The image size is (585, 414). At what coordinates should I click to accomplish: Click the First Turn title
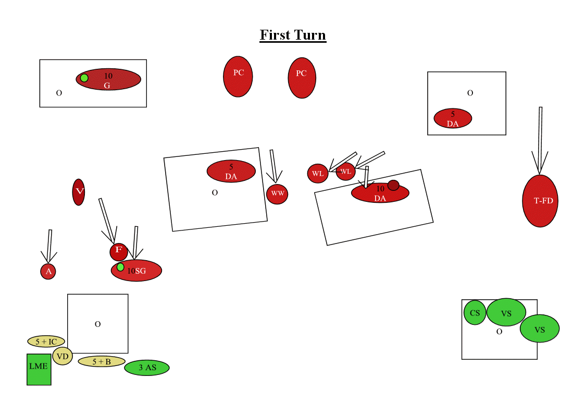[293, 35]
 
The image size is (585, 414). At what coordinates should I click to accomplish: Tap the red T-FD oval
[540, 201]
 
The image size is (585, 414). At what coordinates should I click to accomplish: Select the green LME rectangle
[39, 369]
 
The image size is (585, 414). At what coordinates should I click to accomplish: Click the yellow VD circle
[63, 356]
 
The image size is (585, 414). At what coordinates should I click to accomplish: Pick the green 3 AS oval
[147, 368]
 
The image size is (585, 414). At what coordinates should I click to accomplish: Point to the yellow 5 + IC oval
[46, 342]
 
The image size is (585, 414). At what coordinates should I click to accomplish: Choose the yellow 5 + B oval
[102, 361]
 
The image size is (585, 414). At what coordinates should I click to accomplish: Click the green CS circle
[475, 313]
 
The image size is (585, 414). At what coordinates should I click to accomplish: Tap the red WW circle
[277, 194]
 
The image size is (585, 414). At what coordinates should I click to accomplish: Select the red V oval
[79, 192]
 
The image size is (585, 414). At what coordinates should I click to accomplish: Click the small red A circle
[48, 271]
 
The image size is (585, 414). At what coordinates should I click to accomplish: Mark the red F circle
[119, 252]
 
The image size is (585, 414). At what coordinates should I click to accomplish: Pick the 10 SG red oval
[141, 271]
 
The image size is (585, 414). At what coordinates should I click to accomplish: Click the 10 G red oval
[112, 79]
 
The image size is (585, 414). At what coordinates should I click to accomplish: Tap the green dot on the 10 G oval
[84, 78]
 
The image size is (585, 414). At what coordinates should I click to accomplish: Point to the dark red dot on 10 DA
[393, 185]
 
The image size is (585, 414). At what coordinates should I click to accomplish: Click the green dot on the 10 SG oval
[120, 267]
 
